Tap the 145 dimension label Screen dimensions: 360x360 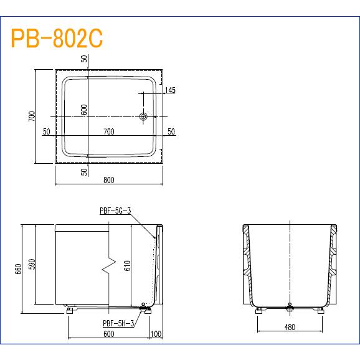click(170, 90)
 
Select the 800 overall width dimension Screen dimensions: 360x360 click(108, 180)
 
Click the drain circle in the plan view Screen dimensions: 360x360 click(144, 116)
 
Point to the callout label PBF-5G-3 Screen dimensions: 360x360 click(115, 211)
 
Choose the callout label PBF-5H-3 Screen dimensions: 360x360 click(118, 322)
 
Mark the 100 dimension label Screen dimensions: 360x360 click(156, 334)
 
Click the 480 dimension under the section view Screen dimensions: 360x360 click(290, 326)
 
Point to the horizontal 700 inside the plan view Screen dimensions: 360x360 click(109, 131)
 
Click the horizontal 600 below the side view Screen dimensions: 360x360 click(108, 334)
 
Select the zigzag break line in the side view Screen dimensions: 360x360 click(110, 265)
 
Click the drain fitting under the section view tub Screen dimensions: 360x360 click(290, 306)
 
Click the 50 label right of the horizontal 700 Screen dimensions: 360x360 click(171, 131)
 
